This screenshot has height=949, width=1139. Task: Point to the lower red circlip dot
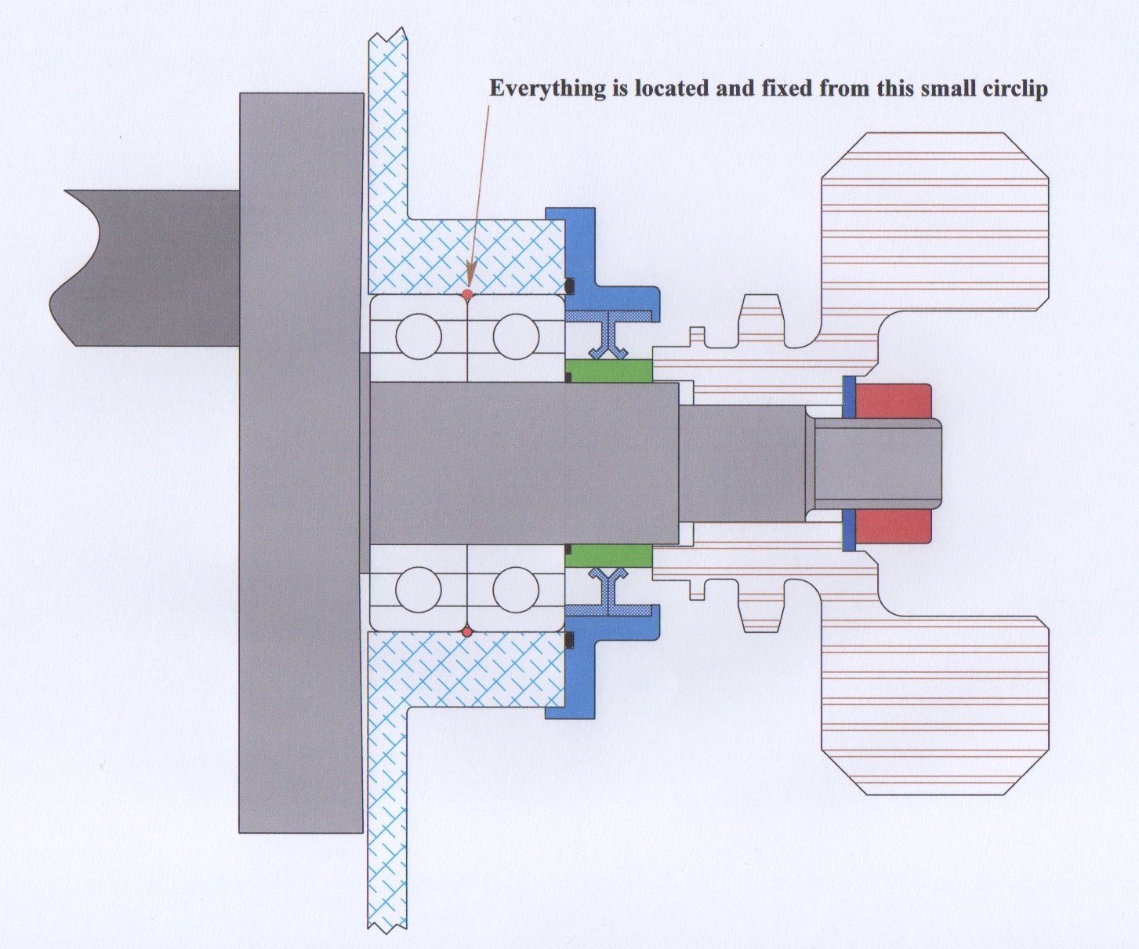[467, 631]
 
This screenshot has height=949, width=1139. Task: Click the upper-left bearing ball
[419, 336]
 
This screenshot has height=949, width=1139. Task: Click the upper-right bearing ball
[516, 336]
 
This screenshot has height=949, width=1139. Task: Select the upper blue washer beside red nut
[848, 398]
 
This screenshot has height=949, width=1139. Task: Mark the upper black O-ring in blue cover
[570, 283]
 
